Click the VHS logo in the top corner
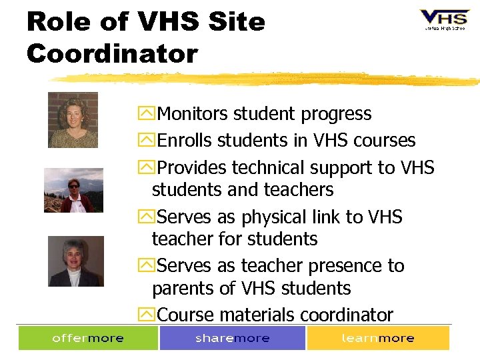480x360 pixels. (x=443, y=19)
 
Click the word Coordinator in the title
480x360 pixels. (x=112, y=53)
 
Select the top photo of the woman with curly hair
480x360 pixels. (x=73, y=120)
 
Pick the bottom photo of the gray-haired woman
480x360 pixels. (x=75, y=261)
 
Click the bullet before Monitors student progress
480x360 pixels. (x=147, y=115)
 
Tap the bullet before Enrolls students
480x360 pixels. (x=147, y=141)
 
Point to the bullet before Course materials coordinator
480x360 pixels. (x=147, y=315)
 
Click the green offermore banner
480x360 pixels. (x=88, y=338)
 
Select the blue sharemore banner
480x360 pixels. (x=233, y=338)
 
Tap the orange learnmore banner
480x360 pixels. (x=377, y=338)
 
